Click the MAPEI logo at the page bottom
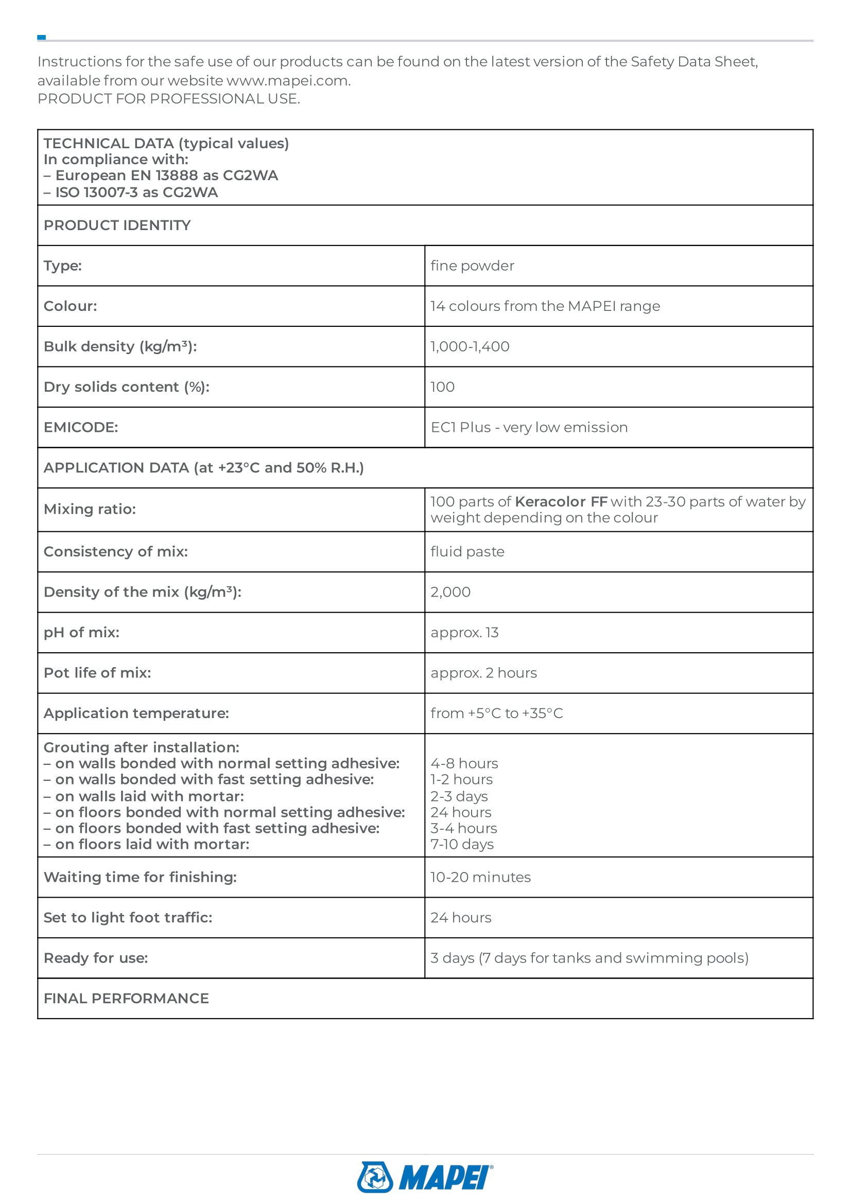click(x=425, y=1177)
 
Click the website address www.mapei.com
click(x=288, y=81)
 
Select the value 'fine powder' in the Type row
click(x=472, y=266)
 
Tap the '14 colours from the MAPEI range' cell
click(x=545, y=306)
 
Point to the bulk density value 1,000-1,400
click(x=470, y=346)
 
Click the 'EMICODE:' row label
click(x=81, y=427)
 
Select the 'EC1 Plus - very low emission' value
click(x=529, y=427)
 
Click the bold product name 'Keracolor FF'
click(x=561, y=502)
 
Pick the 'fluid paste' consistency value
click(x=467, y=552)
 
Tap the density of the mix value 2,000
click(x=450, y=592)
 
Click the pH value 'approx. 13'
click(x=464, y=633)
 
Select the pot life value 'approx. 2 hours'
click(x=483, y=673)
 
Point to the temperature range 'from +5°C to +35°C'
click(x=496, y=713)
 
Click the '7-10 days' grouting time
click(x=462, y=844)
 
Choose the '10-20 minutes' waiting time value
click(x=480, y=877)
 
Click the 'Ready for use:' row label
click(x=95, y=958)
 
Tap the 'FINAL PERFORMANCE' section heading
click(x=126, y=999)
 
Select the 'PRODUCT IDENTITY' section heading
click(x=117, y=225)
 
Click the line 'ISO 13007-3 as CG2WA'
click(x=136, y=193)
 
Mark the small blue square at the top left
click(x=41, y=37)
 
